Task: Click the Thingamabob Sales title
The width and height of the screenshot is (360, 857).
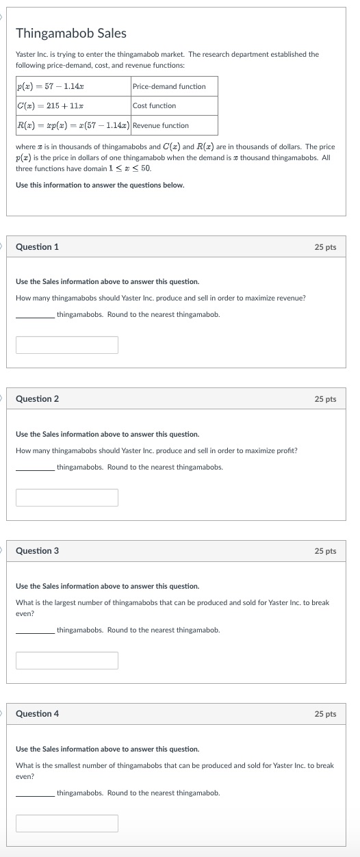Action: pos(71,33)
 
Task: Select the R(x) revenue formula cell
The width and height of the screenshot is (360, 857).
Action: pos(73,125)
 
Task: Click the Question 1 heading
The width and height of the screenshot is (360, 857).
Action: pos(37,246)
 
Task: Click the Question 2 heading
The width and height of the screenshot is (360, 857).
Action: pos(37,399)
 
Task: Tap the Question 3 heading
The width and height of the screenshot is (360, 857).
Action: pos(37,551)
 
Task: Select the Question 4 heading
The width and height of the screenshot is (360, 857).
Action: pos(37,714)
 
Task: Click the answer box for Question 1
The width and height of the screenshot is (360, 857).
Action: pos(67,345)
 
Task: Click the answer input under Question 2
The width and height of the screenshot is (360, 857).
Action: pos(67,498)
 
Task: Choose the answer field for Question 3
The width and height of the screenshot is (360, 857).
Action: pos(67,661)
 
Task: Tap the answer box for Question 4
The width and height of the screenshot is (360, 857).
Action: pos(67,823)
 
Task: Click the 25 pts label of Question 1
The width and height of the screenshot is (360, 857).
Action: pos(325,247)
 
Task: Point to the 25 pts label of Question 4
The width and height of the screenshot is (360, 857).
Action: pos(325,714)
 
